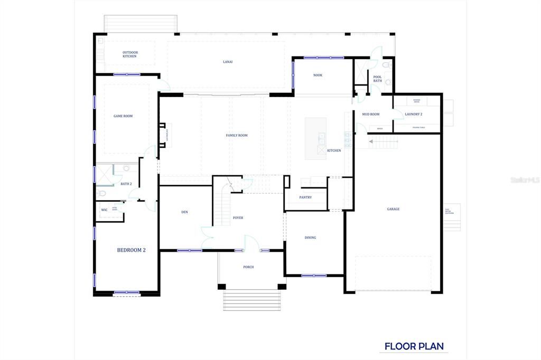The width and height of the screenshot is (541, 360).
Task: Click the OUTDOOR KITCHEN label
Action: click(129, 54)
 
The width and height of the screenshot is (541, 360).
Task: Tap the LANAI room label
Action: click(228, 62)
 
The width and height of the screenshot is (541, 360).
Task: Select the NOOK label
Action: click(318, 75)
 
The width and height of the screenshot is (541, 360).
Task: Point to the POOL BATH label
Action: click(377, 79)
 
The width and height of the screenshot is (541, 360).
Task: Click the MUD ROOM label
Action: click(370, 114)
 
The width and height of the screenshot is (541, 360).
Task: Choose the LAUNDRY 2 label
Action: click(413, 114)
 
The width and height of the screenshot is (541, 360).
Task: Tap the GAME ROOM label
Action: click(123, 116)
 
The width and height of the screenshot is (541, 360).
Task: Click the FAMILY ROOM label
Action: click(237, 135)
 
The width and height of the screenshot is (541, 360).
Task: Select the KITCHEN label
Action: click(334, 150)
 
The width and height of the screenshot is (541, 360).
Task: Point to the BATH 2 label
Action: click(126, 184)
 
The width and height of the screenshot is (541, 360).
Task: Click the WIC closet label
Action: click(104, 210)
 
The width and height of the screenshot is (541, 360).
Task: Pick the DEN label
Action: click(184, 212)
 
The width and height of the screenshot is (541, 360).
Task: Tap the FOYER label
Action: click(238, 217)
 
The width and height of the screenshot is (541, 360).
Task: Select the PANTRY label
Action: click(305, 197)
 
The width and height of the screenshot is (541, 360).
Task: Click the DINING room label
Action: click(310, 238)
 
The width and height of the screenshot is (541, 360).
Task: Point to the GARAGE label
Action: click(393, 209)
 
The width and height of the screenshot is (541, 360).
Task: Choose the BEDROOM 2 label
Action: click(131, 250)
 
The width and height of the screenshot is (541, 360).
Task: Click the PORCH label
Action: click(248, 267)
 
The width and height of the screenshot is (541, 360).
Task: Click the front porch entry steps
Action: click(252, 300)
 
